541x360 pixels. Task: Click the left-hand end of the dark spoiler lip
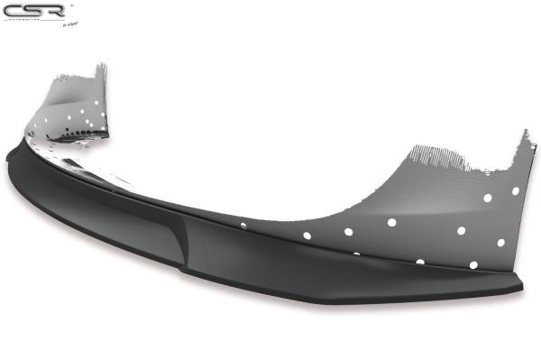(x=9, y=155)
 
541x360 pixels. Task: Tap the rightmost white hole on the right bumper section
(x=515, y=191)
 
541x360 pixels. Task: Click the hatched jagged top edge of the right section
(x=442, y=160)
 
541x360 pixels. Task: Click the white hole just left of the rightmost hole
(x=487, y=198)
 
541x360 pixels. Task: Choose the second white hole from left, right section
(x=307, y=235)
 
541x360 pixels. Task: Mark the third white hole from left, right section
(x=348, y=231)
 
